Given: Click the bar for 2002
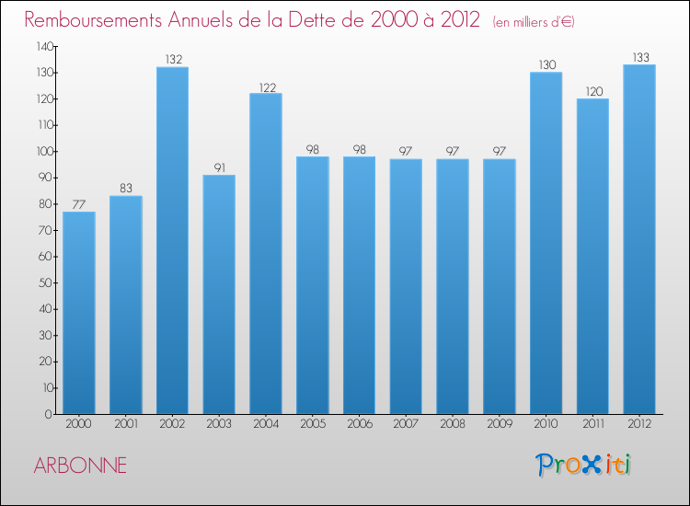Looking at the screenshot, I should pyautogui.click(x=172, y=241).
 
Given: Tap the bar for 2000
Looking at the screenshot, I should pyautogui.click(x=79, y=313).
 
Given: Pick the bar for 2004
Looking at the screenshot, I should pyautogui.click(x=266, y=254).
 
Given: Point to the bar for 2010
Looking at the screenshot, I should pyautogui.click(x=546, y=244).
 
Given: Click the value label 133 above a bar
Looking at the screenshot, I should pyautogui.click(x=638, y=57).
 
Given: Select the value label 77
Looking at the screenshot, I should pyautogui.click(x=79, y=204).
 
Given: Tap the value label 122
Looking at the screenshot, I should pyautogui.click(x=266, y=86).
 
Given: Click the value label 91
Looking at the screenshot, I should pyautogui.click(x=219, y=167).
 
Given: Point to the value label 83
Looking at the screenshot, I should pyautogui.click(x=126, y=189).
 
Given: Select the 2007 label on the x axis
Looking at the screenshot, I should pyautogui.click(x=406, y=426).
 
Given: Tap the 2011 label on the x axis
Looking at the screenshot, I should pyautogui.click(x=592, y=426).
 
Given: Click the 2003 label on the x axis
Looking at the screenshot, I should pyautogui.click(x=219, y=426).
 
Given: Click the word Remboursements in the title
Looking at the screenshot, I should pyautogui.click(x=92, y=20).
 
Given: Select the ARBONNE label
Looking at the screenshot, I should pyautogui.click(x=80, y=466).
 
